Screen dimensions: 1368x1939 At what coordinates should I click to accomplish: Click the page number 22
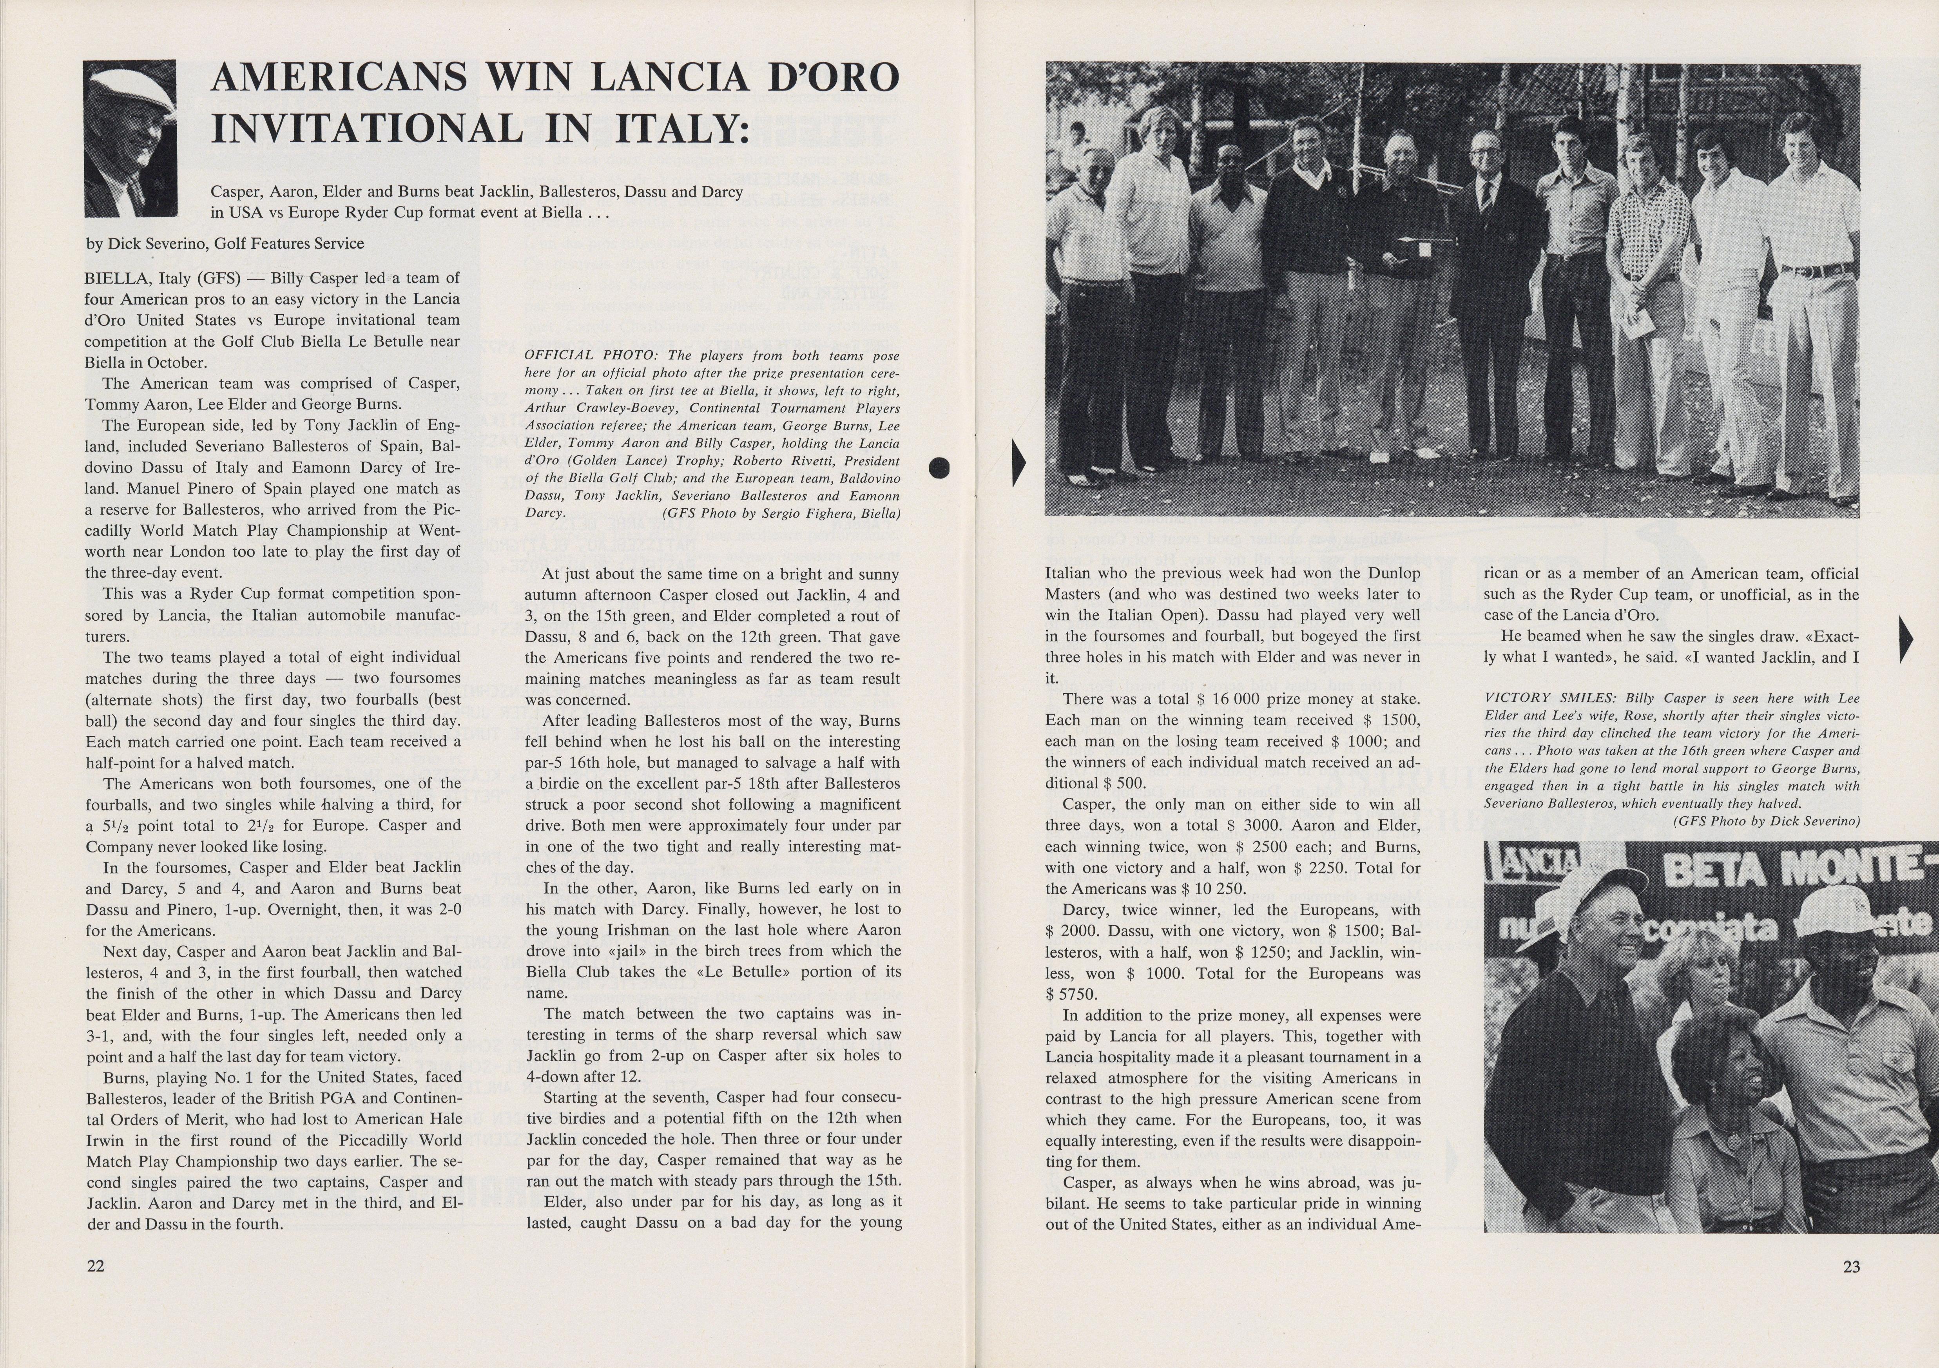pos(96,1266)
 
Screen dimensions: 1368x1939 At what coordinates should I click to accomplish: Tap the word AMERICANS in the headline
pos(338,78)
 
